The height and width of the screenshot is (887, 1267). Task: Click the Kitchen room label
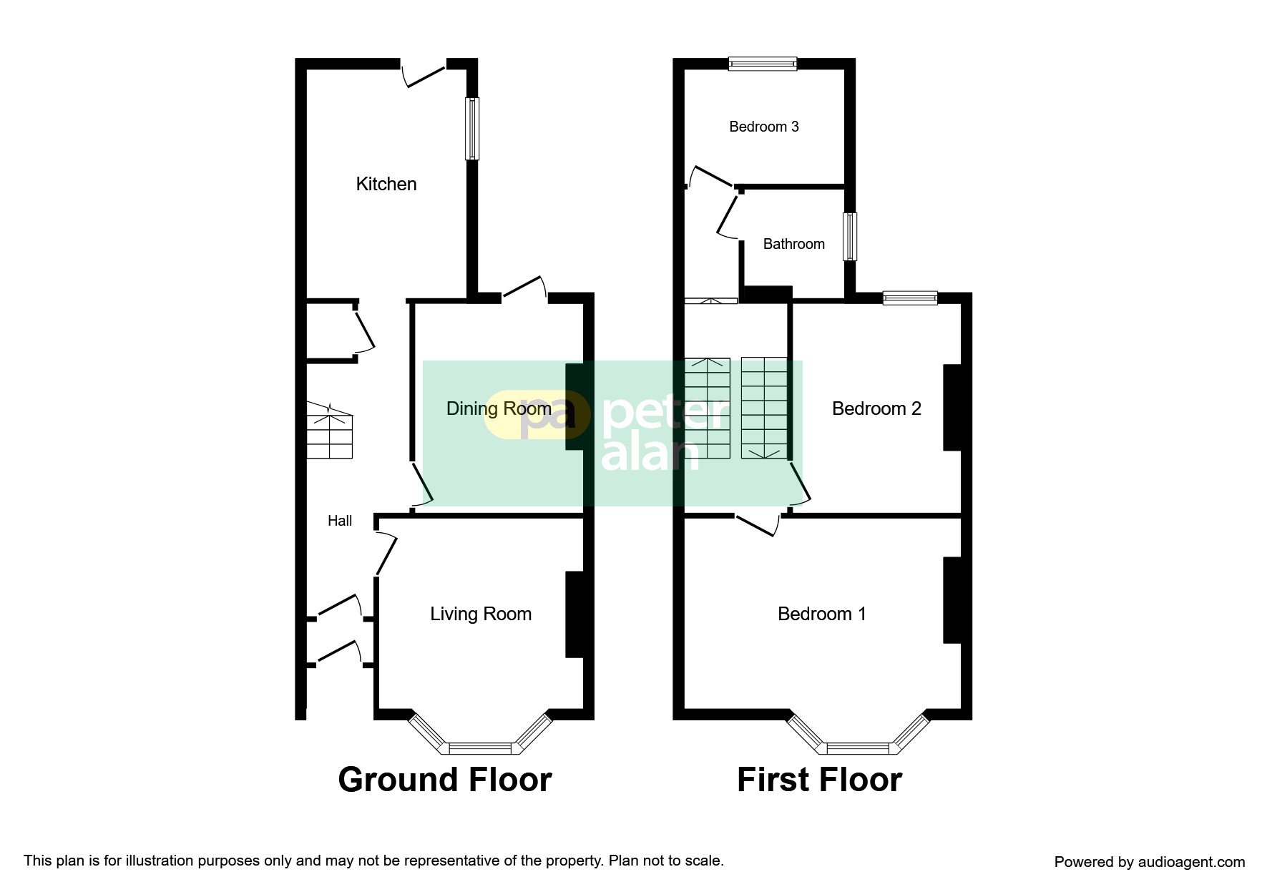point(386,184)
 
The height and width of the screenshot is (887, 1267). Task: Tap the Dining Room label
point(499,408)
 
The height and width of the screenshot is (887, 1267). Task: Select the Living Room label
point(481,614)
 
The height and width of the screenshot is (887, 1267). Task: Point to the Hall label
point(340,521)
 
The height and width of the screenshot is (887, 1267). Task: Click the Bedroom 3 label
point(764,127)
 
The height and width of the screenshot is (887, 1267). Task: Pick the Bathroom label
point(794,244)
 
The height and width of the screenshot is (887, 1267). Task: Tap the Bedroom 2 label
point(876,408)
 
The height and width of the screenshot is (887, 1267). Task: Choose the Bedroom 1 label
point(822,614)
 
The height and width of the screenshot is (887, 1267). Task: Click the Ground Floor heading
point(445,780)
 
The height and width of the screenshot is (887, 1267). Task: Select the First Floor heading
point(820,780)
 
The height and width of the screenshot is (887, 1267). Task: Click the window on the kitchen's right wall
point(472,129)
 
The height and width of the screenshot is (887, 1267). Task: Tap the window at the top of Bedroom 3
point(763,64)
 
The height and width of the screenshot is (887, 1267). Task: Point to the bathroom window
point(850,237)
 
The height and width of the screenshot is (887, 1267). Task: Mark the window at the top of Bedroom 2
point(910,298)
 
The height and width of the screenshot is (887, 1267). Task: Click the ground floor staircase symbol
point(330,431)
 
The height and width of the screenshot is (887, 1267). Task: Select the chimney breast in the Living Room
point(575,614)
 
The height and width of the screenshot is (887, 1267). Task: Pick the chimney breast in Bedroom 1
point(952,600)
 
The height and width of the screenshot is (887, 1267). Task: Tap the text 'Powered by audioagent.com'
point(1150,862)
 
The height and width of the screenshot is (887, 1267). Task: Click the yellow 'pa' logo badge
point(537,414)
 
